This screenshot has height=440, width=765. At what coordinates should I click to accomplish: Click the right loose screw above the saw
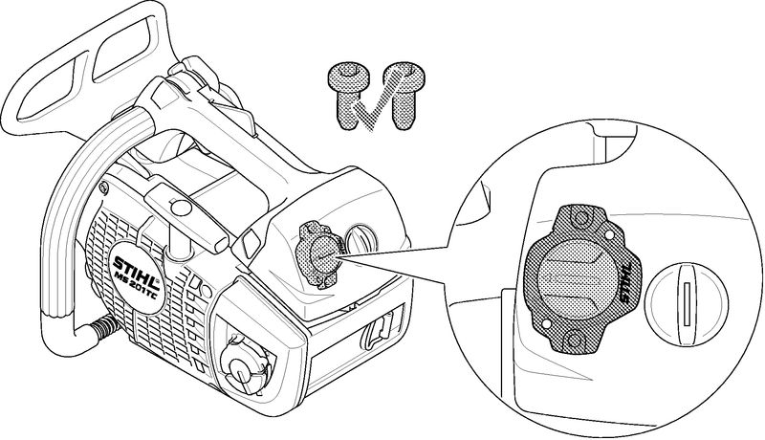(404, 95)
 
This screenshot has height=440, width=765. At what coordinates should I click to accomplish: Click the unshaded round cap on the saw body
(361, 241)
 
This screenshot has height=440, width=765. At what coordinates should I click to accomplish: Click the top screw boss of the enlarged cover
(580, 217)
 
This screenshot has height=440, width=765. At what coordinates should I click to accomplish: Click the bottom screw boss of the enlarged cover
(575, 340)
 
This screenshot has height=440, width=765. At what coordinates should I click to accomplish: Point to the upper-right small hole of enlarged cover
(609, 235)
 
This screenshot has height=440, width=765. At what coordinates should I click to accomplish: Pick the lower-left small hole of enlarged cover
(546, 324)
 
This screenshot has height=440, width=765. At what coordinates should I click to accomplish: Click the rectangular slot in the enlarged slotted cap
(686, 304)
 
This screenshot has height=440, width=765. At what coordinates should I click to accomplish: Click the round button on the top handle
(181, 209)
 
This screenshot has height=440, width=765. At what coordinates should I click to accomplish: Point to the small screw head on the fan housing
(103, 187)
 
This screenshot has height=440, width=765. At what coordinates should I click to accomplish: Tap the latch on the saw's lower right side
(379, 331)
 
